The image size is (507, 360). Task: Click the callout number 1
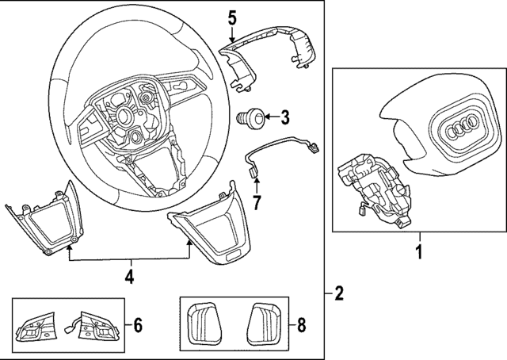[419, 254]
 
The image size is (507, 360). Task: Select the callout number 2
[339, 294]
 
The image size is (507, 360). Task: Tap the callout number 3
[285, 118]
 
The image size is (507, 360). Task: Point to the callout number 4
[129, 277]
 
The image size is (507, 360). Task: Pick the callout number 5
[232, 17]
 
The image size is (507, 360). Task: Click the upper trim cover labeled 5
[269, 52]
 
